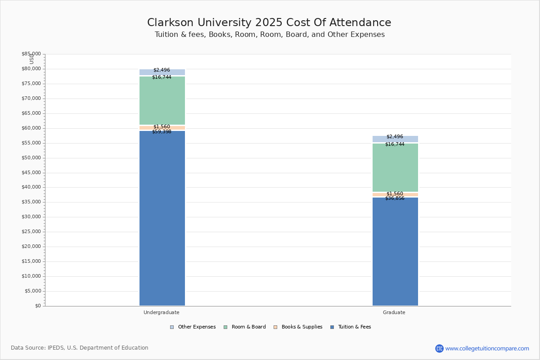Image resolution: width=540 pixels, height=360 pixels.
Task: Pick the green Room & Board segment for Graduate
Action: point(395,167)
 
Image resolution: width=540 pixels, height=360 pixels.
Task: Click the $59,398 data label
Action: point(162,132)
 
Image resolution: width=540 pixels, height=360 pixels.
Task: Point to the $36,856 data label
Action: point(395,198)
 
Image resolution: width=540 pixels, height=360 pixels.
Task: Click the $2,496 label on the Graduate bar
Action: point(395,137)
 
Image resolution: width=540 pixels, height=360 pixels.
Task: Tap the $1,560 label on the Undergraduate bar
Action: point(162,127)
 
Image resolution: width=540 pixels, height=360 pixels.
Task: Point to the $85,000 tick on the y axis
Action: point(31,54)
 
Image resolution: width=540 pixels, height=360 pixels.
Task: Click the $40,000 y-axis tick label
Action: point(31,187)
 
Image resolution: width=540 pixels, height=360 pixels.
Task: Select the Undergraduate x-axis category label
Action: point(162,312)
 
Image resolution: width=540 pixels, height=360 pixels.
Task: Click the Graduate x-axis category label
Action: point(394,312)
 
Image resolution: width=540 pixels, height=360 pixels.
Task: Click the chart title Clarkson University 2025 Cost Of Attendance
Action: point(269,23)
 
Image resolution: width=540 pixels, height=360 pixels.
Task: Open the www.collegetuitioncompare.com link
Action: point(487,348)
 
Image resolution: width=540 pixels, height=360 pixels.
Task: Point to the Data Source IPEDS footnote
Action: point(80,348)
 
